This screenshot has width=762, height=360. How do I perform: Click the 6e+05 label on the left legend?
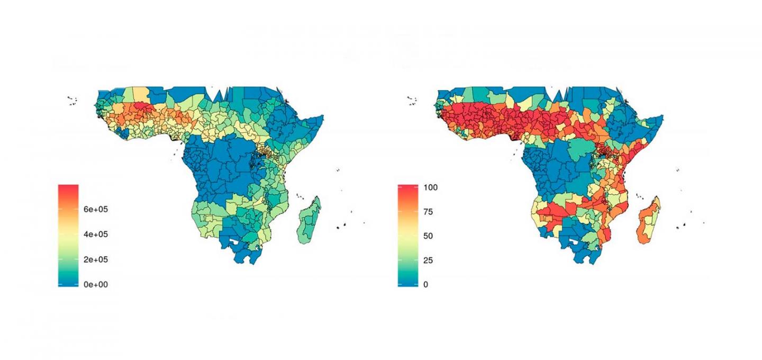95,209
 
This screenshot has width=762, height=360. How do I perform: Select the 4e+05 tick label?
95,234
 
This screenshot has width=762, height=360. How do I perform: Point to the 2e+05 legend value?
95,259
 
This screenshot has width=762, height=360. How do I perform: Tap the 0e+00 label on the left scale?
95,284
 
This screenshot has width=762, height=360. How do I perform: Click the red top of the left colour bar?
68,190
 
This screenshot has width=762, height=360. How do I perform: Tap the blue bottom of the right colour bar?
407,282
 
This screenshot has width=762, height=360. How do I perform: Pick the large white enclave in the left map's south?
236,244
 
